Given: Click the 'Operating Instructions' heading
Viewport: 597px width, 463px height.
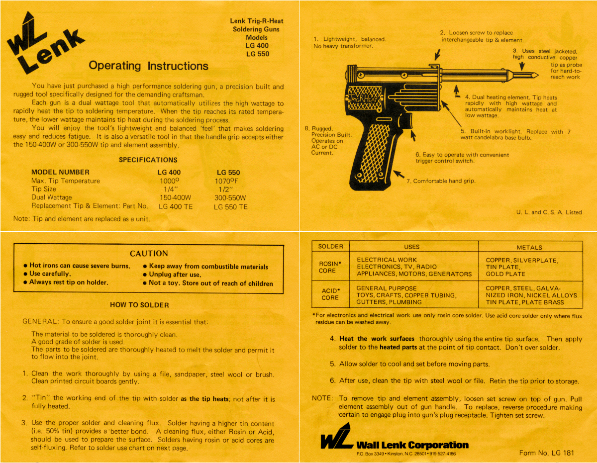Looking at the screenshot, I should pos(148,66).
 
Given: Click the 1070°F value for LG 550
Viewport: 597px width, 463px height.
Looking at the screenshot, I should pos(228,181).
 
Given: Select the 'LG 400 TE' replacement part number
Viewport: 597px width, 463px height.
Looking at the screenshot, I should pos(176,206).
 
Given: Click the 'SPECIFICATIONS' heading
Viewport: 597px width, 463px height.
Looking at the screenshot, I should pos(148,160).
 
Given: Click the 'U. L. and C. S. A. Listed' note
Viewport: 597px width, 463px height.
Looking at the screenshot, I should pos(549,212).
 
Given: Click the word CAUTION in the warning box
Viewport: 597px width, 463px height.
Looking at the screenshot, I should pos(149,254).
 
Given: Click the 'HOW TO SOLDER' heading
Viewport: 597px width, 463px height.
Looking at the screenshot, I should pos(139,305).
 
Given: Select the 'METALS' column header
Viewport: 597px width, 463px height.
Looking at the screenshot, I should pos(529,247).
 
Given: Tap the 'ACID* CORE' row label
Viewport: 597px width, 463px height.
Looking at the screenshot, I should pos(330,294).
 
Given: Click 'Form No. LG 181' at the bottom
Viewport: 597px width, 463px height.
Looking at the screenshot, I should pos(546,453).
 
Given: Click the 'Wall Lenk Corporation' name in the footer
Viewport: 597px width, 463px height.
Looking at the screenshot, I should pos(412,445).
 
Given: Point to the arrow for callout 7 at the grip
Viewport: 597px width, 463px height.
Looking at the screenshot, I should pos(398,175).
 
